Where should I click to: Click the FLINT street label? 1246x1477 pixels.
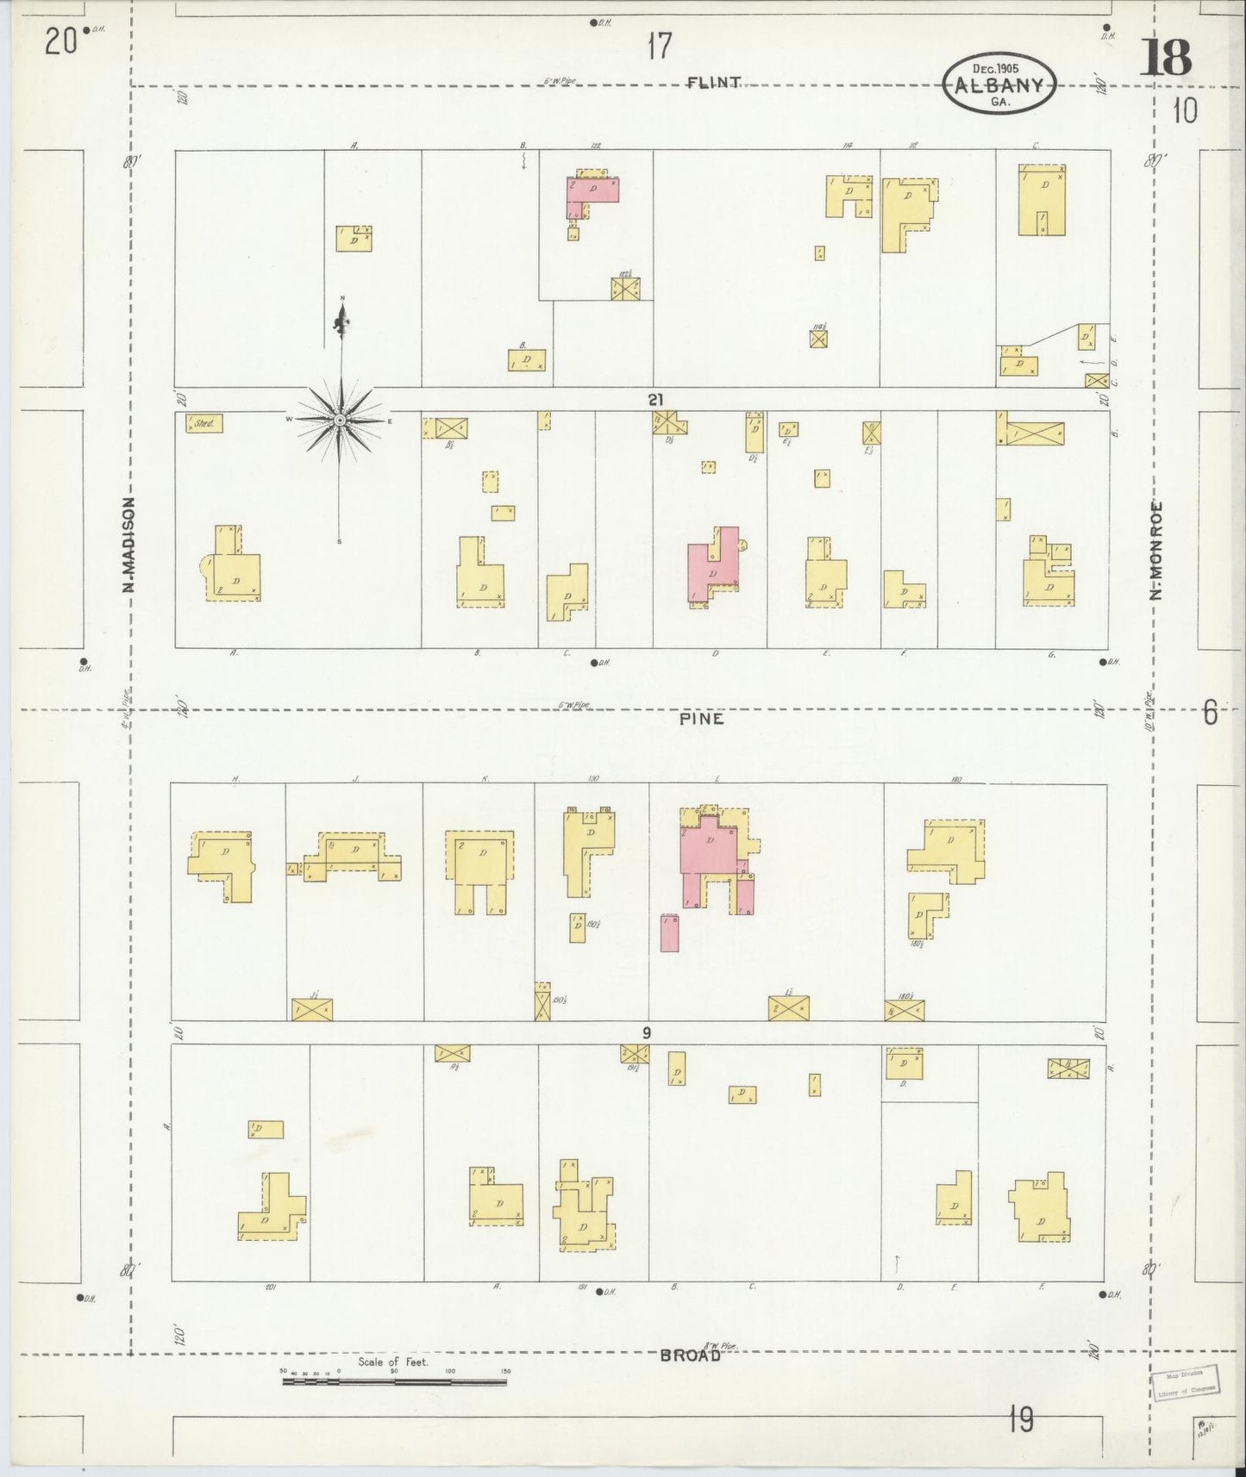click(x=715, y=83)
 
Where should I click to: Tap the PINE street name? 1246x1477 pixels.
click(x=701, y=718)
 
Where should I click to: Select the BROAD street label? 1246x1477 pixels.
click(x=690, y=1355)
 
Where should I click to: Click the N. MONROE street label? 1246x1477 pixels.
click(x=1155, y=550)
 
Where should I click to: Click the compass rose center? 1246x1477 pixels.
click(x=341, y=420)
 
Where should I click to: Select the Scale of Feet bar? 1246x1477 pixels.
click(x=394, y=1381)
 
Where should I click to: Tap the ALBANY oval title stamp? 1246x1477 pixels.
click(x=999, y=85)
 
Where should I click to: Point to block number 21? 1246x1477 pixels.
click(x=658, y=399)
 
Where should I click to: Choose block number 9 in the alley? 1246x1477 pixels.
click(x=646, y=1033)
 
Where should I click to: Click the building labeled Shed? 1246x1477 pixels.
click(x=203, y=423)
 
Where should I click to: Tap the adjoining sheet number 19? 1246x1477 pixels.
click(x=1020, y=1418)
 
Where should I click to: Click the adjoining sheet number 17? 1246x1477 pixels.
click(x=659, y=47)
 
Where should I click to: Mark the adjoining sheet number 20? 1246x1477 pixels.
click(x=63, y=41)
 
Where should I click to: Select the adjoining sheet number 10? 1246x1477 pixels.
click(x=1185, y=111)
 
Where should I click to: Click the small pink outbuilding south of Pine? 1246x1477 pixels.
click(x=669, y=933)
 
